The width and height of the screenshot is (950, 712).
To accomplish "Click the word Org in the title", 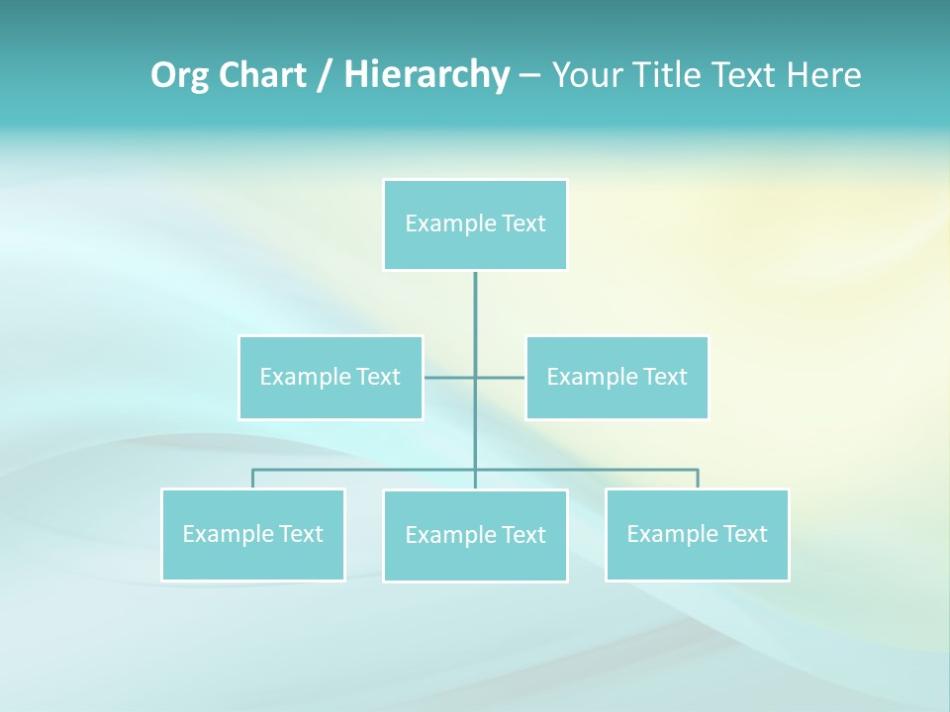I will click(179, 75).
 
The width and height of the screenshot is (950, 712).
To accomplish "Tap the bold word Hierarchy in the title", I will click(426, 75).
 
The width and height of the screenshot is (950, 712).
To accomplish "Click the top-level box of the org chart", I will click(475, 224).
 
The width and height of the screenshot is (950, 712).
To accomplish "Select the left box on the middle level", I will click(331, 377).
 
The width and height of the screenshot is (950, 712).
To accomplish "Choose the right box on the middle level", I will click(617, 377).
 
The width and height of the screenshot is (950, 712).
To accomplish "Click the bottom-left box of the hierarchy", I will click(252, 534).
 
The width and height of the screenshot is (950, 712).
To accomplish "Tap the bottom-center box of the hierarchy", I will click(475, 535).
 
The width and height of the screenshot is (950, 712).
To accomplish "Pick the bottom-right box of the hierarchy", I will click(697, 534).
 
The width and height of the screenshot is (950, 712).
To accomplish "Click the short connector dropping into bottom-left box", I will click(252, 479).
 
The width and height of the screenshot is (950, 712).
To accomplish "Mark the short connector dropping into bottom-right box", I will click(698, 479).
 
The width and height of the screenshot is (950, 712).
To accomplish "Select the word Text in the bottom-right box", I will click(744, 534).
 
